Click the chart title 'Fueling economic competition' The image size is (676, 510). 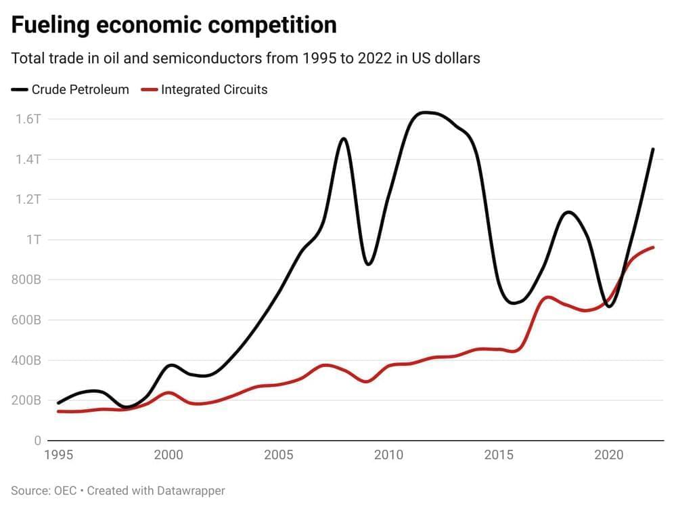[174, 25]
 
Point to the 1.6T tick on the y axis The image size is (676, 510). [28, 119]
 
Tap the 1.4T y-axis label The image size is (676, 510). [28, 159]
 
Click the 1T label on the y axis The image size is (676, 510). [33, 240]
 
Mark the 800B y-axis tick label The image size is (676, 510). [26, 280]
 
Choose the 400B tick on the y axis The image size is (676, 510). [26, 360]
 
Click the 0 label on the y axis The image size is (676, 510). [37, 441]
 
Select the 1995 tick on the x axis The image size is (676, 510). [58, 454]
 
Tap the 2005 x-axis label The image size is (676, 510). [278, 454]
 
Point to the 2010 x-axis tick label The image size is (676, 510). [388, 454]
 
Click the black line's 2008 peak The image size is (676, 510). [344, 139]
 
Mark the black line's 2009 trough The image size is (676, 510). [367, 263]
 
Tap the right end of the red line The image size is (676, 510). [653, 247]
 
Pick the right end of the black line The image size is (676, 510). [653, 149]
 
